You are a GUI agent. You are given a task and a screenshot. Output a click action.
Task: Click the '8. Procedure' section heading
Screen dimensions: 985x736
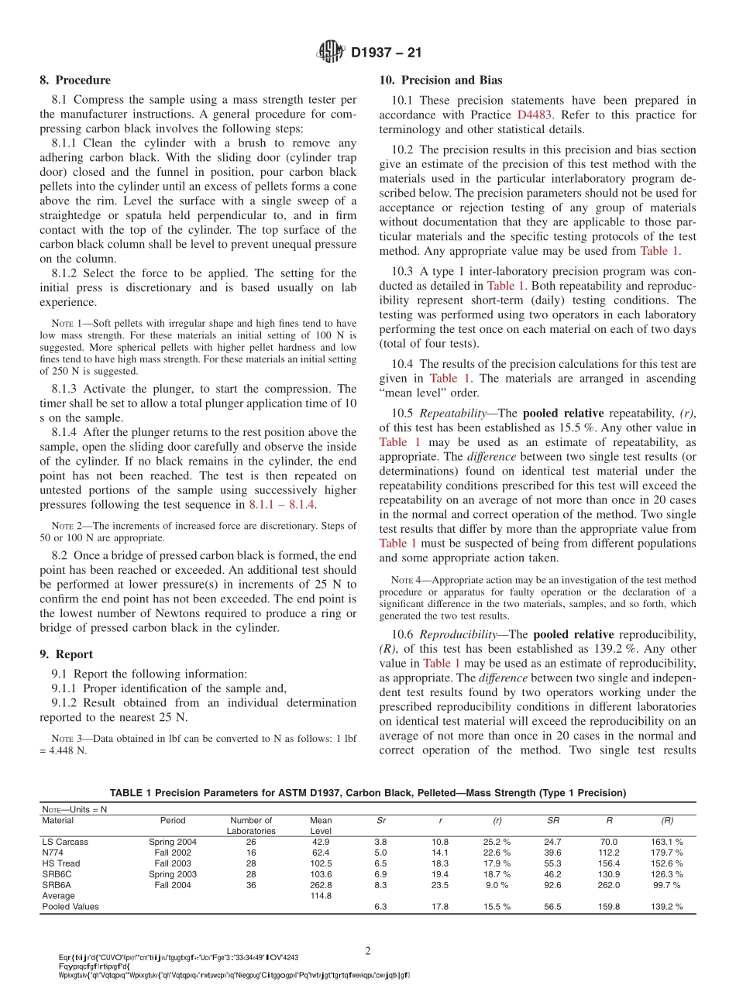pos(75,80)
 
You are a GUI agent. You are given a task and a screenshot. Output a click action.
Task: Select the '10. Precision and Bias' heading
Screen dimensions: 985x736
pos(440,80)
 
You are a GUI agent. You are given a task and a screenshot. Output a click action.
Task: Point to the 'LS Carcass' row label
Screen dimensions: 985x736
pos(65,841)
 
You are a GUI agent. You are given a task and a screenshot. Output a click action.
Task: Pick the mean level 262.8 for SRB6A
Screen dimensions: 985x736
pos(321,884)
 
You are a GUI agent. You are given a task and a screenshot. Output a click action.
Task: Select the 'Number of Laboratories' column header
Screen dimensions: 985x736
pos(251,825)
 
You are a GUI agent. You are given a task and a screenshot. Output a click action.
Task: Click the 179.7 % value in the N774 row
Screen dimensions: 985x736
pos(666,852)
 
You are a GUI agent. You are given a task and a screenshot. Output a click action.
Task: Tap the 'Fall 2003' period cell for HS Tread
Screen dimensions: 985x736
pos(173,863)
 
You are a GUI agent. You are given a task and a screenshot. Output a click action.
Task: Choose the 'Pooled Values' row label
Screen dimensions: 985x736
pos(71,906)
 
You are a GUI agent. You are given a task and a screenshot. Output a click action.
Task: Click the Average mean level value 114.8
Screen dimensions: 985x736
pos(321,895)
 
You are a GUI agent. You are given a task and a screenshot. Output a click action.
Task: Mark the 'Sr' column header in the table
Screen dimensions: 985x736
pos(380,820)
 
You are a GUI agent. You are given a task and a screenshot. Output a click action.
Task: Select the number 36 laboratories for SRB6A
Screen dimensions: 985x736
pos(251,884)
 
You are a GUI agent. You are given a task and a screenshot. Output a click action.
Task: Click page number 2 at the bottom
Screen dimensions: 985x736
pos(368,949)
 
